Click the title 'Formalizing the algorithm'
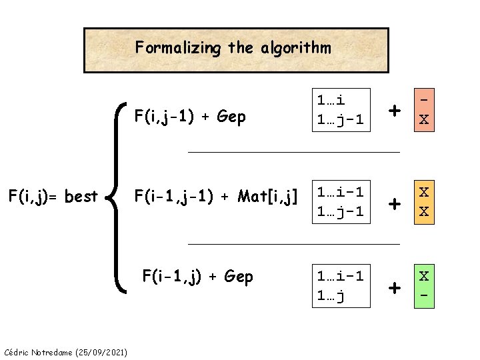(233, 48)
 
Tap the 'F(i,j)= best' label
(53, 197)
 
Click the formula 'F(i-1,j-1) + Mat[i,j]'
(215, 196)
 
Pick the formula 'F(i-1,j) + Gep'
(199, 276)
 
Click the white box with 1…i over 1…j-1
(340, 109)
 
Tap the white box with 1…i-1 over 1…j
(340, 287)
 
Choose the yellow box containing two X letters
(423, 202)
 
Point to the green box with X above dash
(423, 287)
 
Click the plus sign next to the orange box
(395, 110)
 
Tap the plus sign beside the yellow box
(395, 203)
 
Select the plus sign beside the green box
(395, 288)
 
